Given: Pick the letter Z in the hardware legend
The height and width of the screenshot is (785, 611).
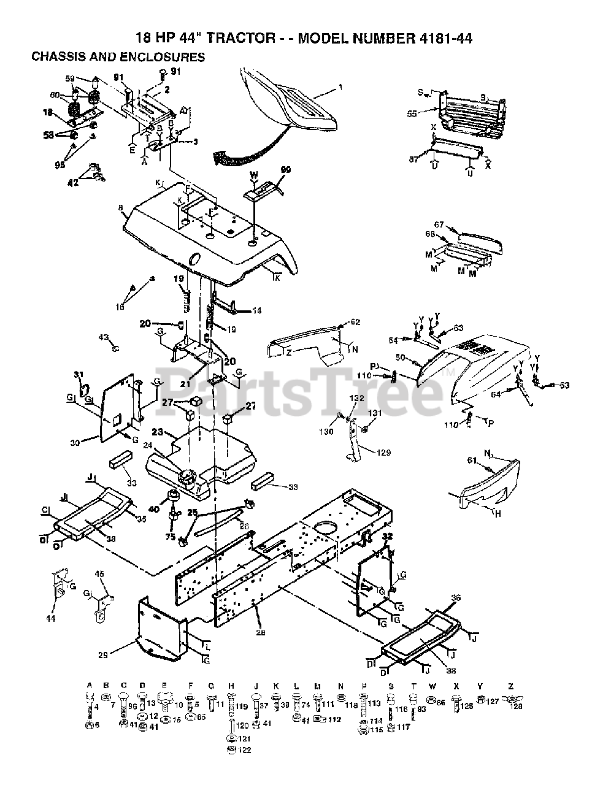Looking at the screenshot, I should [510, 686].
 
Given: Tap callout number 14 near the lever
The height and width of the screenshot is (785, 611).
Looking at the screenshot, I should [256, 311].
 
